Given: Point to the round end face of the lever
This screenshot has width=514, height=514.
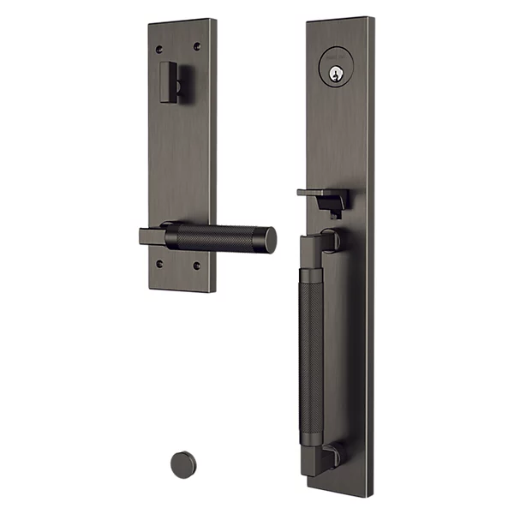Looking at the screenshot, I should [x=269, y=241].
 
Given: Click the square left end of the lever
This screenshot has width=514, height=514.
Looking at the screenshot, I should [x=151, y=236].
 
